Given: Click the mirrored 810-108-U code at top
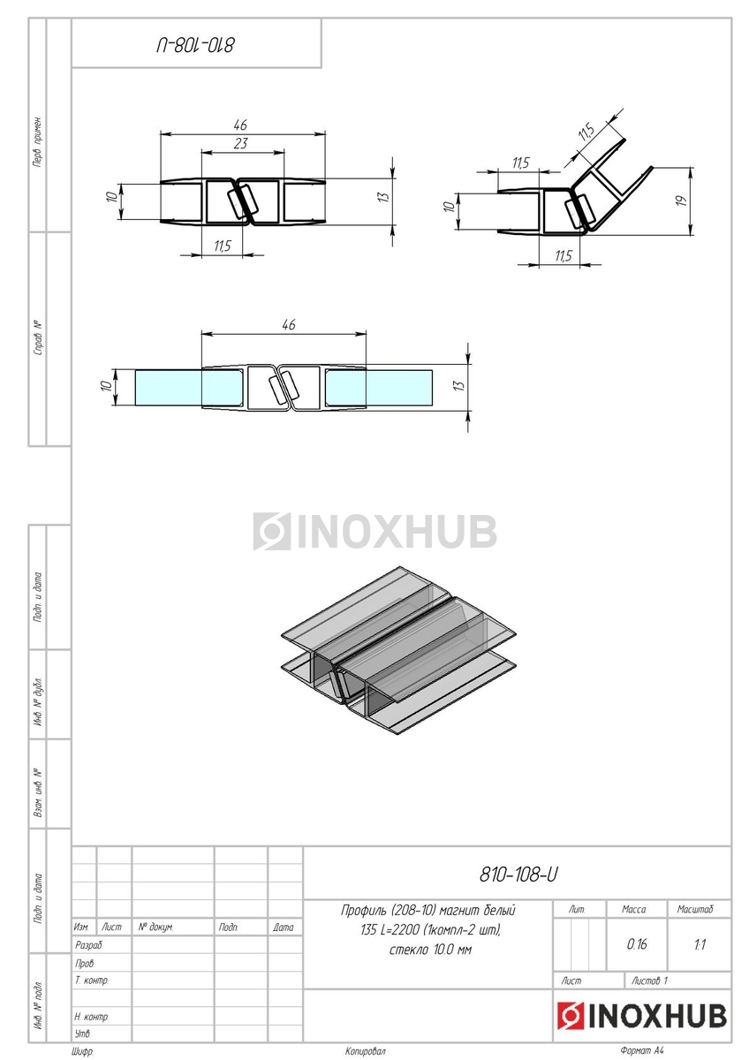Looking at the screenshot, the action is point(195,45).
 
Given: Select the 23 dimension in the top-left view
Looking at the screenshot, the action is point(240,143).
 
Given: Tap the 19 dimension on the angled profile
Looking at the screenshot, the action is point(681,201).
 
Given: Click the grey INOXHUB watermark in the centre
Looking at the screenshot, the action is point(374,531).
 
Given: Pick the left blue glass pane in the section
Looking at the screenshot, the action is point(168,388).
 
